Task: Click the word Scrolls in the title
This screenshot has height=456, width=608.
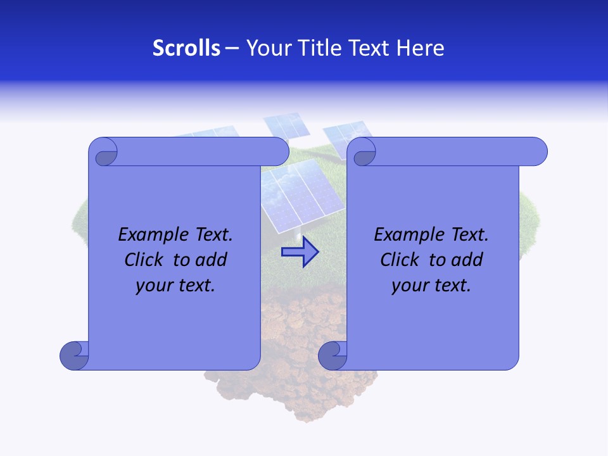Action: tap(186, 48)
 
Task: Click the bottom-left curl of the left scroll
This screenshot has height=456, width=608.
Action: tap(73, 355)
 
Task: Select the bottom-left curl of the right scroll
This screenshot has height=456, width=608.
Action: tap(332, 355)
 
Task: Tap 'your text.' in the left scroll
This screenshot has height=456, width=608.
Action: tap(175, 286)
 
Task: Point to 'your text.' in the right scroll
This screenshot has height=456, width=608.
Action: tap(431, 286)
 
